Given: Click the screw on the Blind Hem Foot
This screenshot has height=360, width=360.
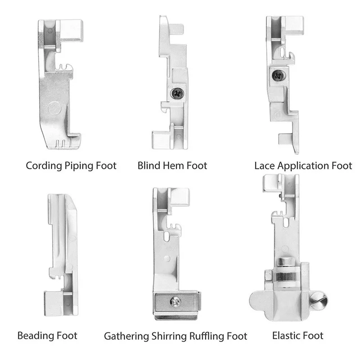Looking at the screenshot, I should (x=176, y=93).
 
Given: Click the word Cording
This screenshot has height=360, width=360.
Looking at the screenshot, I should (x=43, y=166).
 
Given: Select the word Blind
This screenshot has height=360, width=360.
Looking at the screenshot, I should (x=149, y=166).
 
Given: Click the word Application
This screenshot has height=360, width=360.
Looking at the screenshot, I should (x=304, y=166).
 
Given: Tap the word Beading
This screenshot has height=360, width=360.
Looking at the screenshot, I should (x=36, y=335).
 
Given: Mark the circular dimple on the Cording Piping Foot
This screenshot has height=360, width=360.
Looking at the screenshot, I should (x=55, y=108).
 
